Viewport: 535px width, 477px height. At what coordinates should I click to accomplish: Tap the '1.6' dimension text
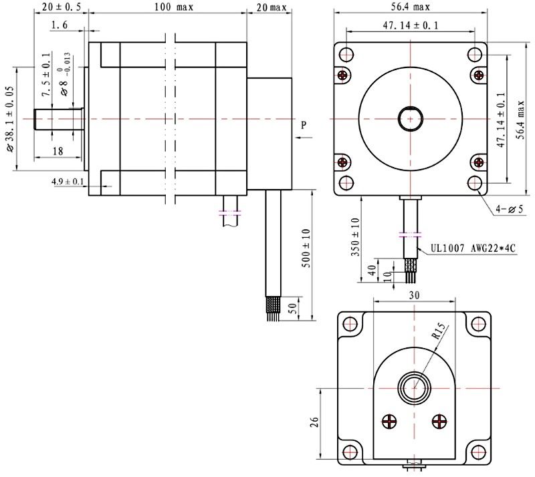[59, 25]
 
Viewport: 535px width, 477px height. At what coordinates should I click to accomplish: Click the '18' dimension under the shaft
[58, 152]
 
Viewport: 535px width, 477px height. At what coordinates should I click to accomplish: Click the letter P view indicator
[304, 125]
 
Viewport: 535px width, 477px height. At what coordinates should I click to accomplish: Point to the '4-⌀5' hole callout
[510, 209]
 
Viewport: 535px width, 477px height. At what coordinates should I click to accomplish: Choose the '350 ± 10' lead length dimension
[356, 236]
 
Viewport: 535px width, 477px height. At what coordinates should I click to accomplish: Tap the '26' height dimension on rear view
[315, 422]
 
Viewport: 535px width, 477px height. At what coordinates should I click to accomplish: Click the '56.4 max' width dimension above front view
[411, 8]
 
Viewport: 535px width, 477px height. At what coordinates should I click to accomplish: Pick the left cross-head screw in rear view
[390, 421]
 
